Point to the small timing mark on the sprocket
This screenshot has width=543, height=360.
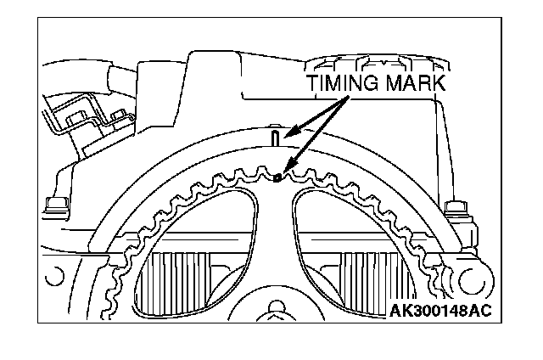(279, 177)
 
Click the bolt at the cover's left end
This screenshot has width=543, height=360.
(55, 204)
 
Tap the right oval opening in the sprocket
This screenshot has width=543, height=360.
(356, 246)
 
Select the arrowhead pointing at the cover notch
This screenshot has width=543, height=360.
(288, 132)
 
